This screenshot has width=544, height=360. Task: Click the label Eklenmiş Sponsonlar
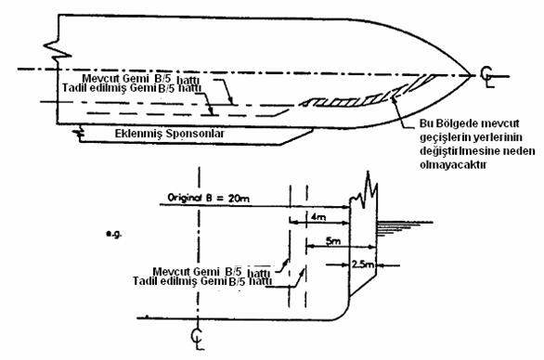click(169, 134)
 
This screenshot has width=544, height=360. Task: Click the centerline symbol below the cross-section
click(198, 339)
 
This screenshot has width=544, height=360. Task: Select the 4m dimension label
click(318, 217)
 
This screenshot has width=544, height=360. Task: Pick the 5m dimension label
click(333, 241)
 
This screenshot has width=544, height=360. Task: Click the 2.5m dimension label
click(363, 264)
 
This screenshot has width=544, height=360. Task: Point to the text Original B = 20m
click(208, 198)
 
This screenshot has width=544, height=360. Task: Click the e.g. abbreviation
click(114, 235)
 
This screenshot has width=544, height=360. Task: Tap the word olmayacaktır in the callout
click(453, 164)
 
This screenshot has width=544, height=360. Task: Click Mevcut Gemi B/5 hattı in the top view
click(140, 79)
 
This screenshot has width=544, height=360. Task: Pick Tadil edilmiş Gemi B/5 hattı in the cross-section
click(202, 281)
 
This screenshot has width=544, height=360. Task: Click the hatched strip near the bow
click(368, 94)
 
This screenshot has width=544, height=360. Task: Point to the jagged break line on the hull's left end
click(58, 50)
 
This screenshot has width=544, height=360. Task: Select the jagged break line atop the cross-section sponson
click(364, 190)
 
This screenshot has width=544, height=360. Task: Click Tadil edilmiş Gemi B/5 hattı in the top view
click(132, 88)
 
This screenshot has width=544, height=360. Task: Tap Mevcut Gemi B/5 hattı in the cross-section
click(212, 271)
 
